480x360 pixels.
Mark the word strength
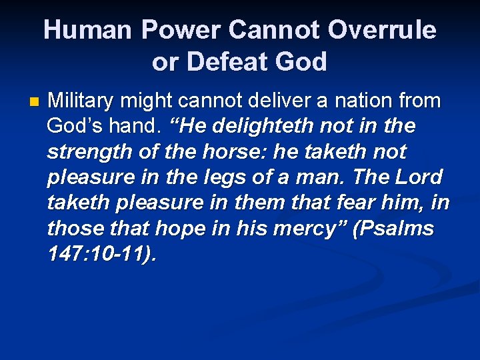(x=83, y=152)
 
